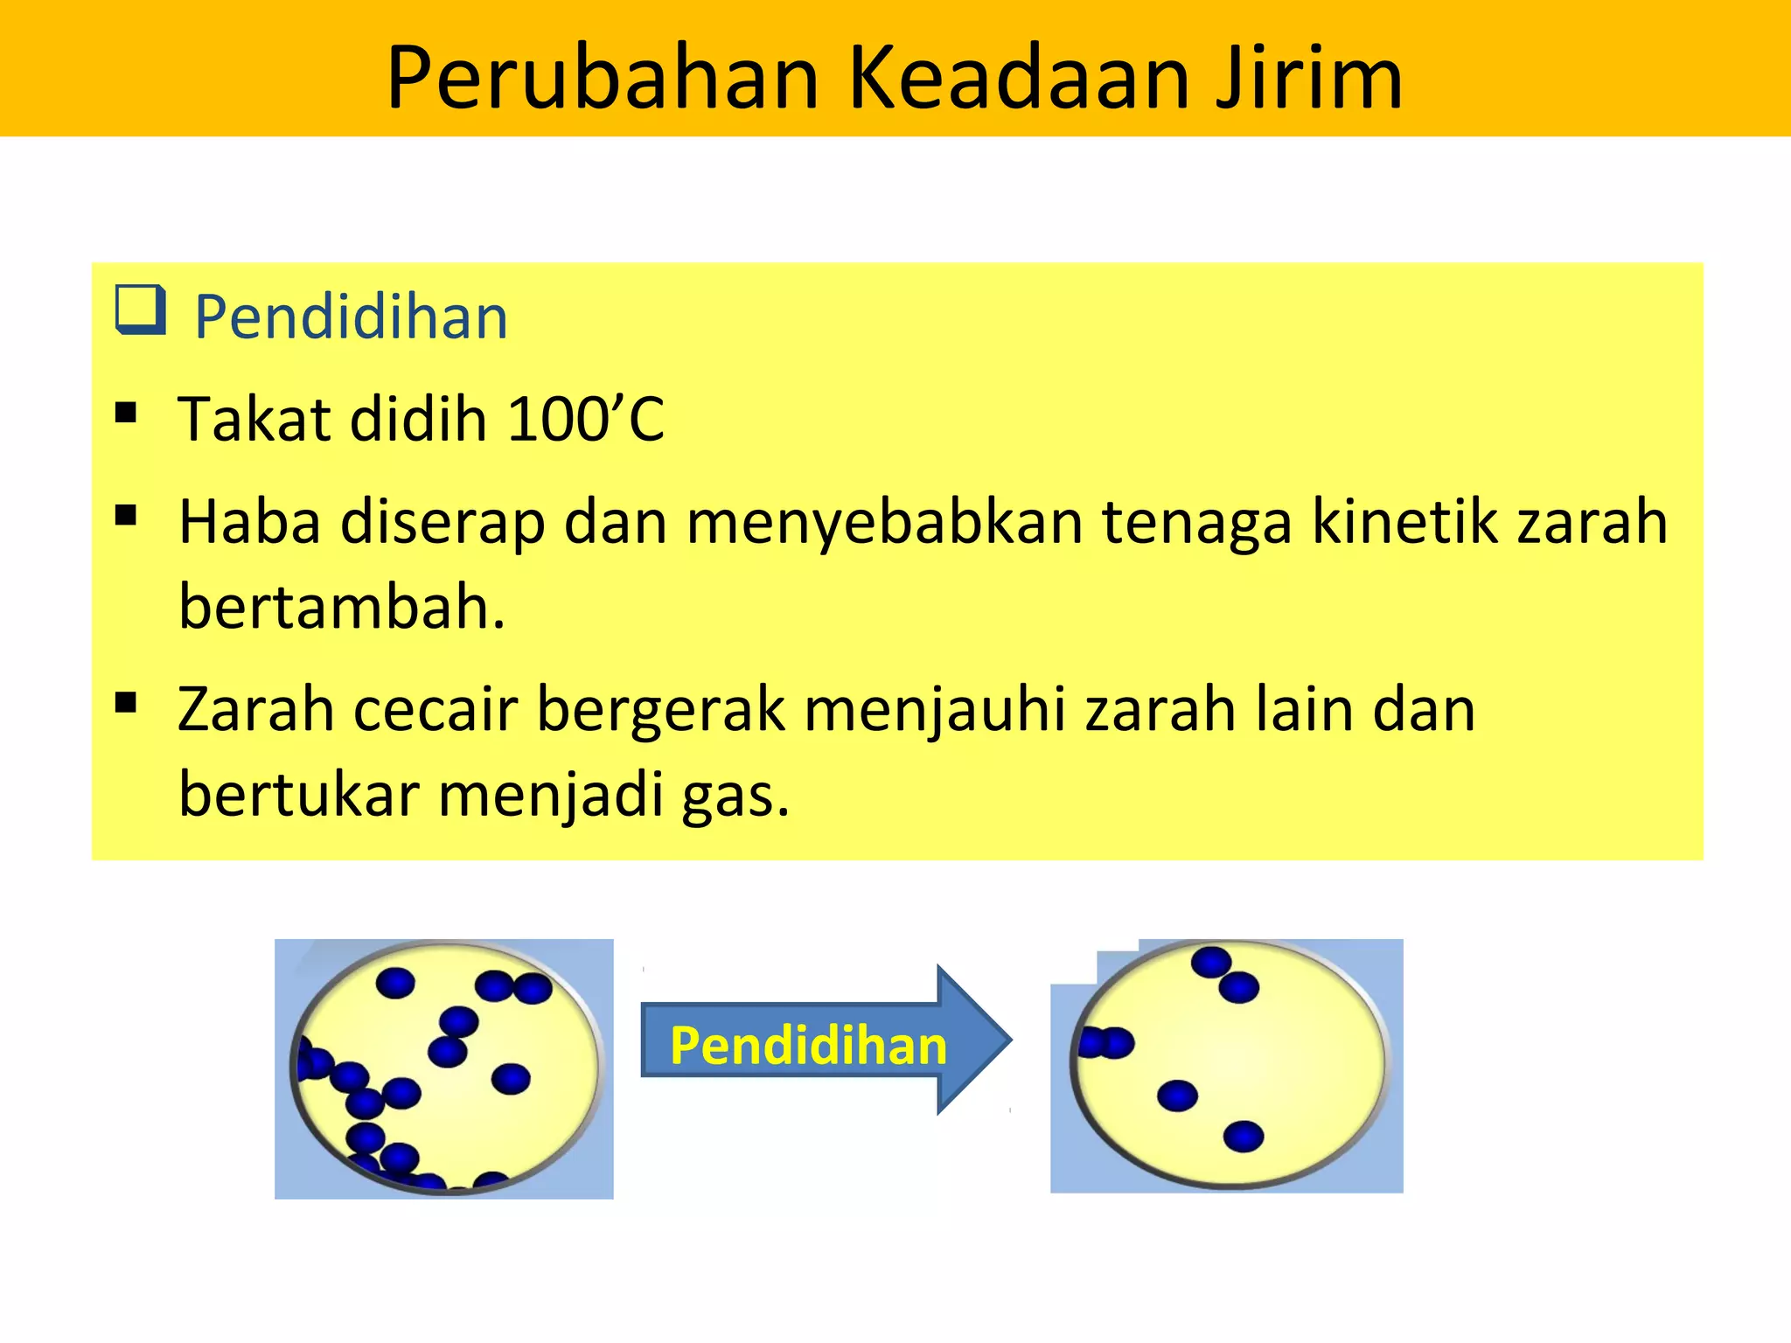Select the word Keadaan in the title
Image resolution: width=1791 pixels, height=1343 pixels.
coord(1019,79)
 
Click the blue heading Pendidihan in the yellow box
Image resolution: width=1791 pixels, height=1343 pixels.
coord(350,317)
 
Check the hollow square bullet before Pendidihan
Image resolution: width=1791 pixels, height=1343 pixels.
coord(140,310)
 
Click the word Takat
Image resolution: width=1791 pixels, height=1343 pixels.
coord(254,419)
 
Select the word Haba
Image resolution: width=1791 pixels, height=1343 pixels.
coord(249,522)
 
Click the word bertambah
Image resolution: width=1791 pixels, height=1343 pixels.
coord(341,606)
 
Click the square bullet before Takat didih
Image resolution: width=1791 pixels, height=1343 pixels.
coord(126,413)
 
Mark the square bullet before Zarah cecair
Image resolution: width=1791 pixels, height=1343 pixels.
coord(126,702)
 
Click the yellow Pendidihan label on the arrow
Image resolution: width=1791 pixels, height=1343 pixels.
coord(808,1046)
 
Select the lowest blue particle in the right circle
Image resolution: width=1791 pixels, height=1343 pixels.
coord(1243,1137)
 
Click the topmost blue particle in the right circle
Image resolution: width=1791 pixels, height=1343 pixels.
coord(1211,962)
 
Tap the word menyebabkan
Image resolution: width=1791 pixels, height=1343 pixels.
coord(884,522)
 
